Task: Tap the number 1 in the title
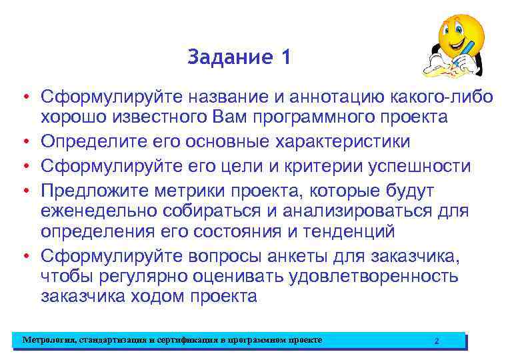click(286, 58)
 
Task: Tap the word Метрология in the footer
click(49, 341)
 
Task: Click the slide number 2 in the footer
click(436, 341)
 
